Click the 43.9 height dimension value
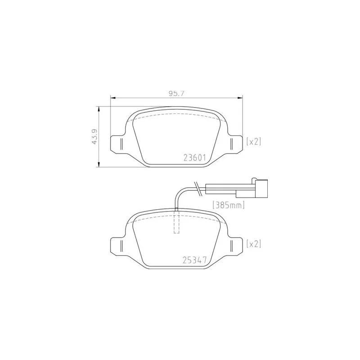pos(94,136)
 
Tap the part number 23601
pos(194,157)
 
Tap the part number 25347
pos(194,260)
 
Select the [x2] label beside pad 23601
pos(254,141)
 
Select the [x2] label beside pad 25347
pos(254,243)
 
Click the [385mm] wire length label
pos(228,206)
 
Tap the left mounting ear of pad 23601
pos(118,144)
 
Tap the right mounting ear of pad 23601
pos(234,144)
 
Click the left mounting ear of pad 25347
pos(118,246)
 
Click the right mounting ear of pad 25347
pos(234,246)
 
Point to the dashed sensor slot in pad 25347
pos(176,222)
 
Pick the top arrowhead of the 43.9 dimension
pos(99,108)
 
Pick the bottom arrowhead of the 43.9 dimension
pos(99,165)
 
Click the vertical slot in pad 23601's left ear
pos(121,144)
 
